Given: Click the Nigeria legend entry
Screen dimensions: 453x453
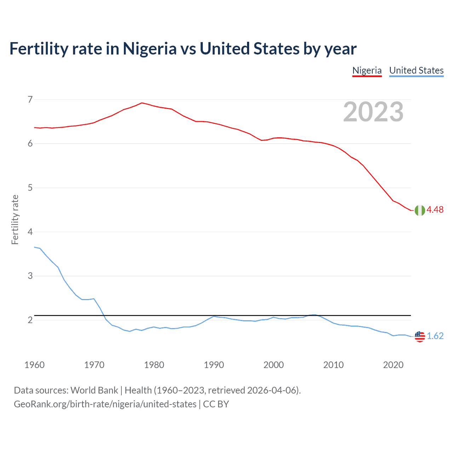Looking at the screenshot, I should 367,70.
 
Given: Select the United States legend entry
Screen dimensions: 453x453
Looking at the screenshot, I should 416,70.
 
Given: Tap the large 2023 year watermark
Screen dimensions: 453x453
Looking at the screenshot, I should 373,112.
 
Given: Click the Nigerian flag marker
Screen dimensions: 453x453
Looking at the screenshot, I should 420,210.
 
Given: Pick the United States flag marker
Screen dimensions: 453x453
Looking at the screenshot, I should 420,336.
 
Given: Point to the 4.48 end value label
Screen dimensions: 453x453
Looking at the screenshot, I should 435,210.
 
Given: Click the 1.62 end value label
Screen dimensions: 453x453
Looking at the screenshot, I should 435,336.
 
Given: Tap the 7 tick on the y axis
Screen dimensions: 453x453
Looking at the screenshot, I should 30,99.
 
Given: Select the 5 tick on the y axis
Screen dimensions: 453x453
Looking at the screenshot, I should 30,188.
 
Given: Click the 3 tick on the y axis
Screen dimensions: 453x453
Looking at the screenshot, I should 30,276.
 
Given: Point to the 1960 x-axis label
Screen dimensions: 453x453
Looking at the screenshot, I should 34,365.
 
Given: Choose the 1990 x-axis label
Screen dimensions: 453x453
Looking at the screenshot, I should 214,365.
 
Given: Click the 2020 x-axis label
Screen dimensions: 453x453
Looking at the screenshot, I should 393,365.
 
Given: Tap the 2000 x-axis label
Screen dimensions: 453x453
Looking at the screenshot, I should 274,365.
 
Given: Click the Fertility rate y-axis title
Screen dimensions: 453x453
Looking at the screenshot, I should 15,219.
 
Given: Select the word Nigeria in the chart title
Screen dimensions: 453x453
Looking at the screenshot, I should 149,49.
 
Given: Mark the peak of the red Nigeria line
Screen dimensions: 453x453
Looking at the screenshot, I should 142,103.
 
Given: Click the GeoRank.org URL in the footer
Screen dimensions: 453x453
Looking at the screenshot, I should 105,404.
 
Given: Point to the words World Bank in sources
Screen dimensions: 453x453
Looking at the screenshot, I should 94,390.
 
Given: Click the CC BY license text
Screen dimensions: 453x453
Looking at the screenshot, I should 216,404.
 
